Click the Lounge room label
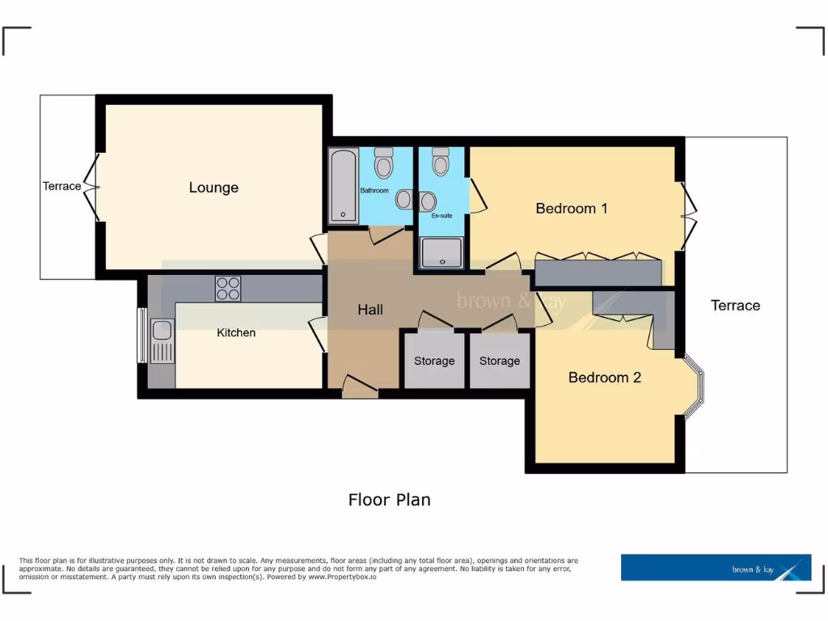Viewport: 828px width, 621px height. pyautogui.click(x=213, y=188)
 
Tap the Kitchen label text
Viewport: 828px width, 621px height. pyautogui.click(x=236, y=332)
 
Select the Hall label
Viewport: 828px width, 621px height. pyautogui.click(x=370, y=310)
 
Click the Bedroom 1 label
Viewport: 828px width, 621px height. pyautogui.click(x=572, y=209)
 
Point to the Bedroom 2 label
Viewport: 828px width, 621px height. pyautogui.click(x=604, y=378)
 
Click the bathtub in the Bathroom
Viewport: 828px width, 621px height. pyautogui.click(x=344, y=185)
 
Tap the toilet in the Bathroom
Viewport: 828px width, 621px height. pyautogui.click(x=383, y=163)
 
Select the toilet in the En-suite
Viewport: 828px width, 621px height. pyautogui.click(x=440, y=162)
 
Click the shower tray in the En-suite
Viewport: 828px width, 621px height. pyautogui.click(x=441, y=251)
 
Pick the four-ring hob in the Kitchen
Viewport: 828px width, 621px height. pyautogui.click(x=227, y=289)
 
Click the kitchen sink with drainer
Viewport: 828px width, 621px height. pyautogui.click(x=162, y=340)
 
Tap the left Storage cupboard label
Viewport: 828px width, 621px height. pyautogui.click(x=434, y=361)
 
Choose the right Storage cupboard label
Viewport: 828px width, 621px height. pyautogui.click(x=499, y=361)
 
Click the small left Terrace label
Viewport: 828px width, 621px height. pyautogui.click(x=62, y=186)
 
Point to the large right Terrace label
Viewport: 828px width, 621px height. pyautogui.click(x=735, y=306)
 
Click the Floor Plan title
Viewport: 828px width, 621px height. pyautogui.click(x=389, y=500)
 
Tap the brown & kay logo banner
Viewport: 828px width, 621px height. pyautogui.click(x=716, y=568)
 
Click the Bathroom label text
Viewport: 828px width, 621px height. pyautogui.click(x=374, y=191)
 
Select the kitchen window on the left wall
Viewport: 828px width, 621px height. pyautogui.click(x=142, y=336)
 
